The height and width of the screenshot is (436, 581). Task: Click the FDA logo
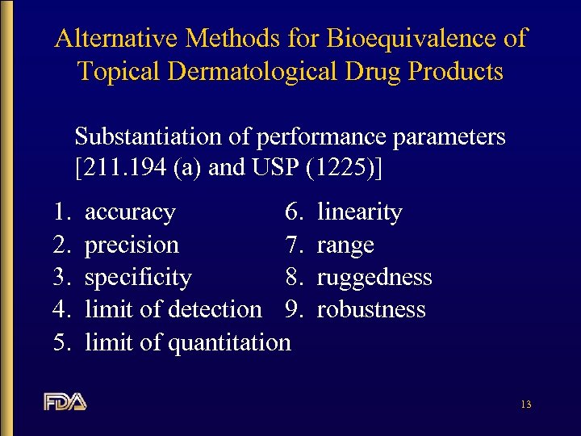click(x=65, y=401)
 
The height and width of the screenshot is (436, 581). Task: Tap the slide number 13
click(x=525, y=404)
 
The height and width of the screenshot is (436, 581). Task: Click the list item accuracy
click(x=130, y=212)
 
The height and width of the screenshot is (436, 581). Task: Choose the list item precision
click(x=132, y=245)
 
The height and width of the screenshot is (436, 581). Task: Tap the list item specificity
click(x=138, y=278)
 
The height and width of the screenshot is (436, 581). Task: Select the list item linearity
click(x=359, y=212)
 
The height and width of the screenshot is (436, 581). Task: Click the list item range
click(x=345, y=245)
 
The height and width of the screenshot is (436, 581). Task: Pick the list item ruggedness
click(x=374, y=278)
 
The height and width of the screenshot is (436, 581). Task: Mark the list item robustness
click(x=371, y=309)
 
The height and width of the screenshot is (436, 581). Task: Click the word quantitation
click(x=229, y=342)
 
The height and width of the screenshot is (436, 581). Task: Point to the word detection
click(x=217, y=309)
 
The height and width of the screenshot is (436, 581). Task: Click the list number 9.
click(x=295, y=309)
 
